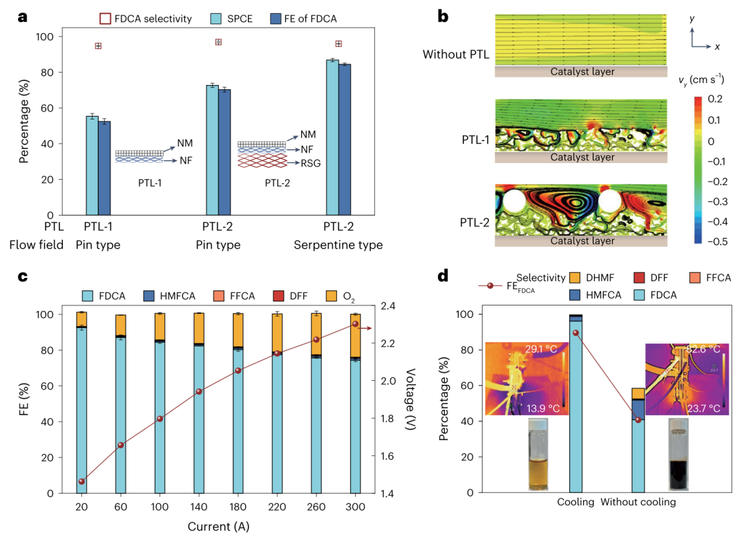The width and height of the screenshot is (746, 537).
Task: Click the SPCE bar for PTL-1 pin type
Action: coord(92,166)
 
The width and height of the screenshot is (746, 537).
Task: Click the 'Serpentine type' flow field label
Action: coord(338,245)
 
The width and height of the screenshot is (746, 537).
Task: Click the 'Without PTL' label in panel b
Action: coord(456,55)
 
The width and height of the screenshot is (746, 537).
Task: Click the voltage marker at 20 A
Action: coord(82,482)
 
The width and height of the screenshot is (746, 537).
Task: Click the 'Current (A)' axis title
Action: coord(218,527)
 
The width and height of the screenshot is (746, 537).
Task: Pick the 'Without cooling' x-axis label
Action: coord(638,502)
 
